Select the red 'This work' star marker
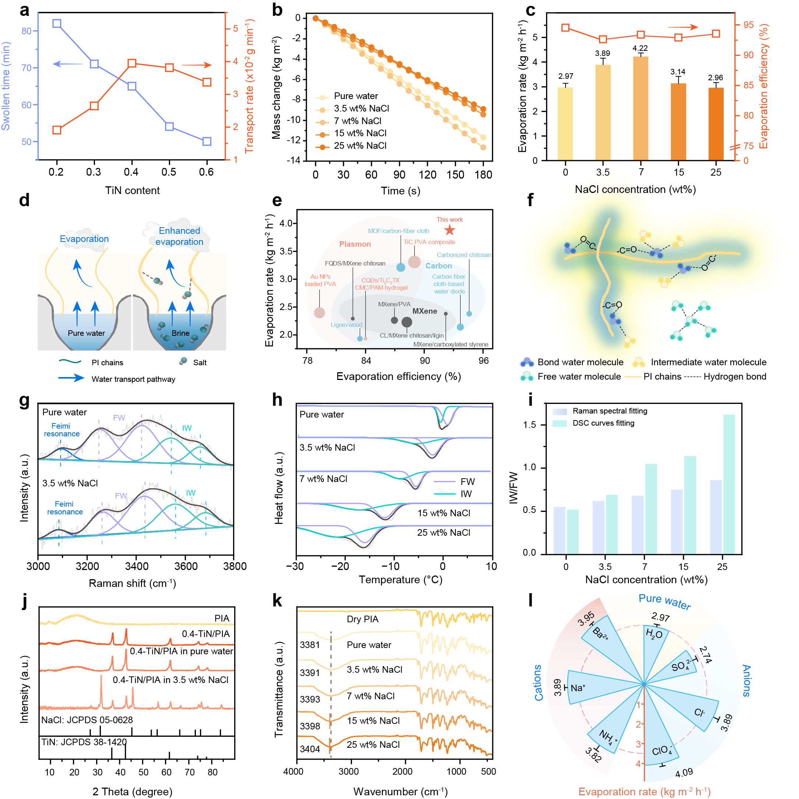(450, 230)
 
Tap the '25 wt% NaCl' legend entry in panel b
(360, 145)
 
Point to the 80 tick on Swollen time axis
(27, 31)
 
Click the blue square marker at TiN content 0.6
(207, 141)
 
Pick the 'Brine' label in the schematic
(181, 333)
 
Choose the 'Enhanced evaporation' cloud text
(179, 236)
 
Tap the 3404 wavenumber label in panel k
(310, 749)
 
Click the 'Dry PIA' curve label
(362, 619)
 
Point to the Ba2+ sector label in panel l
(600, 634)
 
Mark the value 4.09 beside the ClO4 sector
(684, 772)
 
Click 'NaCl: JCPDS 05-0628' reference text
(87, 720)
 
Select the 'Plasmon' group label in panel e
(355, 244)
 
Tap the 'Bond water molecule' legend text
(580, 362)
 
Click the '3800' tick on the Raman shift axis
(235, 566)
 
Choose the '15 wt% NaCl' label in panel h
(443, 513)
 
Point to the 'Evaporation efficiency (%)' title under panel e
(398, 376)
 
